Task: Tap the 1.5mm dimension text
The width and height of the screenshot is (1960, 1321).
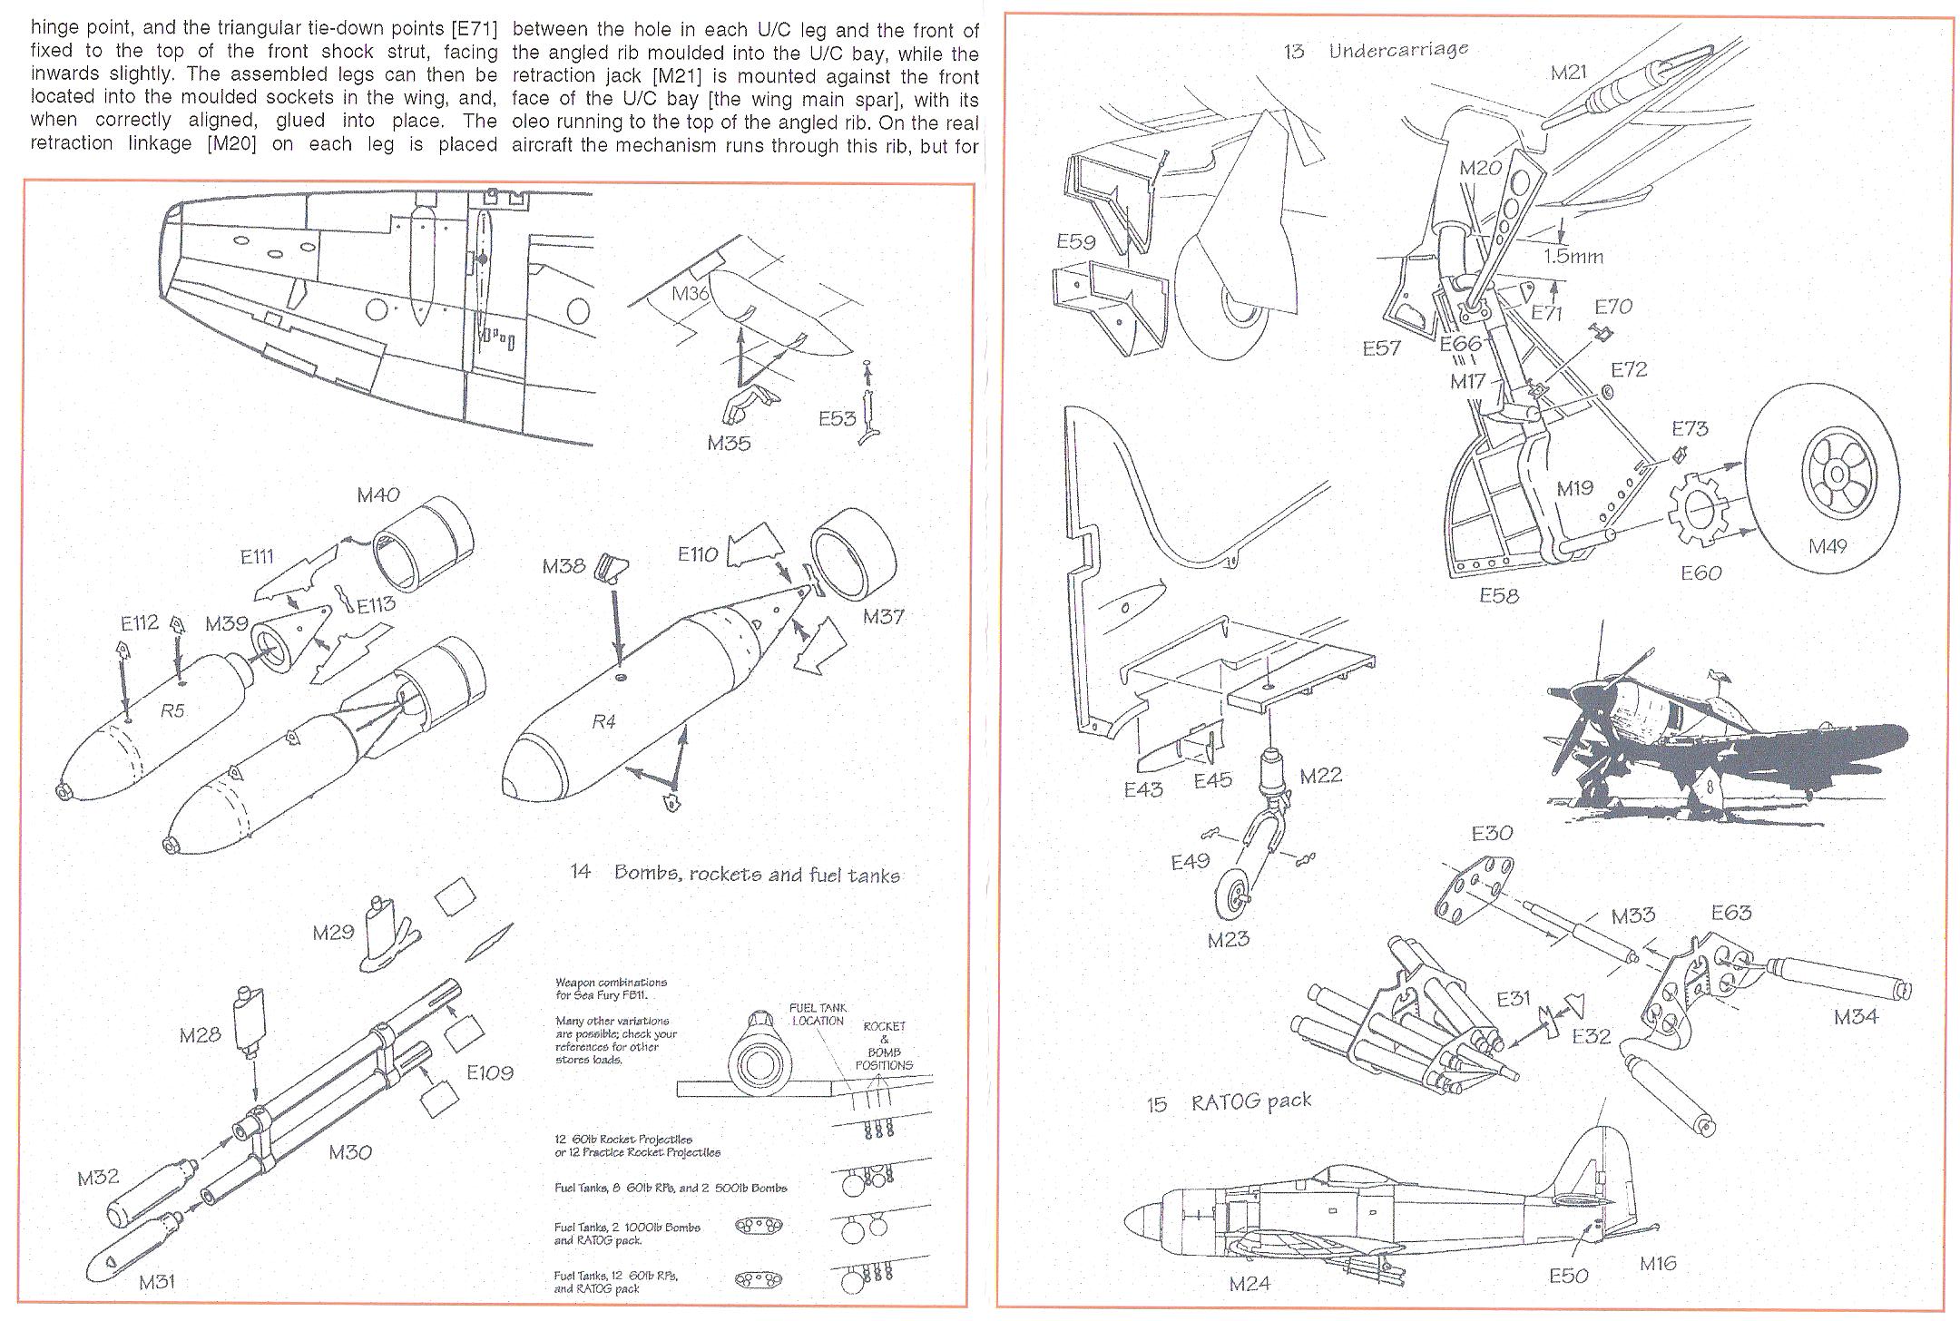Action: pos(1573,256)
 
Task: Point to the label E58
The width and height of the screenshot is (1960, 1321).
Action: pos(1498,595)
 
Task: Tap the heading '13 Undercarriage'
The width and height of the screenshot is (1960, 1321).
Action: pos(1376,50)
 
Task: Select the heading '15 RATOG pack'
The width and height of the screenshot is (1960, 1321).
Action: pos(1230,1101)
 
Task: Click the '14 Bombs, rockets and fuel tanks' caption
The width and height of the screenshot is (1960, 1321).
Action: pos(735,874)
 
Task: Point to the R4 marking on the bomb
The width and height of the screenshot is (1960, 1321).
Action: pos(603,722)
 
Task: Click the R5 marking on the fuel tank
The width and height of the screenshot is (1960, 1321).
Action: pos(171,710)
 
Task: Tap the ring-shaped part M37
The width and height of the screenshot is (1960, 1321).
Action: pos(853,563)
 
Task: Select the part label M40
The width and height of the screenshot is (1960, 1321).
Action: pos(377,495)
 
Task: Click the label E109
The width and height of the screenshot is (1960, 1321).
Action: pos(490,1072)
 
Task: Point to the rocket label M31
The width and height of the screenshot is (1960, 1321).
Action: pos(157,1281)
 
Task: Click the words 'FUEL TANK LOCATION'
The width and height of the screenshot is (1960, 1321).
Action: pos(818,1013)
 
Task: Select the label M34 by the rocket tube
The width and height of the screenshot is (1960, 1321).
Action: pos(1856,1017)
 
